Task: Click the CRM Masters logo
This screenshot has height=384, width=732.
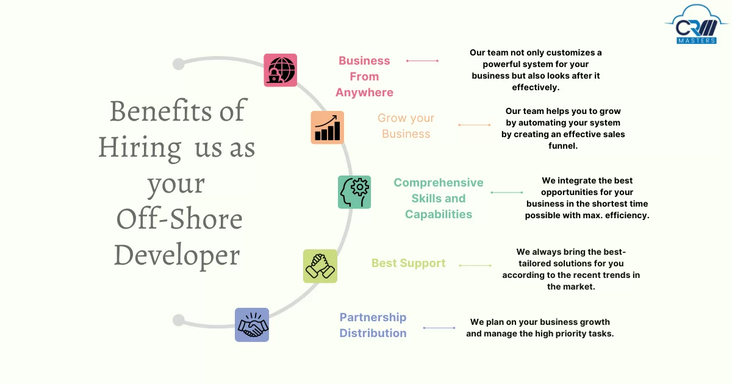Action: point(697,24)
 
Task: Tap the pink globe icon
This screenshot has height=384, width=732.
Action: point(281,70)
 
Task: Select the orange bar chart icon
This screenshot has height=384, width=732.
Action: point(327,127)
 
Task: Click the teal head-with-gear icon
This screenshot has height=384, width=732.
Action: point(354,192)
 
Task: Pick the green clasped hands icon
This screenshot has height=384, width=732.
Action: point(320,266)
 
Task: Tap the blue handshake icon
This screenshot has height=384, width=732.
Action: point(252,325)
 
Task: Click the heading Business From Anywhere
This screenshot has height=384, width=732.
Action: point(364,77)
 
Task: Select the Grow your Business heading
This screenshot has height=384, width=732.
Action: point(406,126)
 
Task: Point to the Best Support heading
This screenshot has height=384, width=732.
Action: point(408,263)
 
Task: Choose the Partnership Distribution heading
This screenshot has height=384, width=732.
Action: point(373,325)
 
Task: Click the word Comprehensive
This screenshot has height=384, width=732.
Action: point(438,182)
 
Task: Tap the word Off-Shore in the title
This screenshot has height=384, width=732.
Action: point(179,219)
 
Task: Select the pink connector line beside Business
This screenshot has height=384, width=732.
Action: point(422,61)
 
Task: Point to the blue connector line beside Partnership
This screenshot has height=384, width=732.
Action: point(439,328)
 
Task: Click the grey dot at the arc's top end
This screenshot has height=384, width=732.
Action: point(178,64)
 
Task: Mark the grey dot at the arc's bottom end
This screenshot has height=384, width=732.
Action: point(178,320)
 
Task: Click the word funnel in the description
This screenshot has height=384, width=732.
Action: point(562,146)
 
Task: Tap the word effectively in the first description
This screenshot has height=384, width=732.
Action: point(536,88)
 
